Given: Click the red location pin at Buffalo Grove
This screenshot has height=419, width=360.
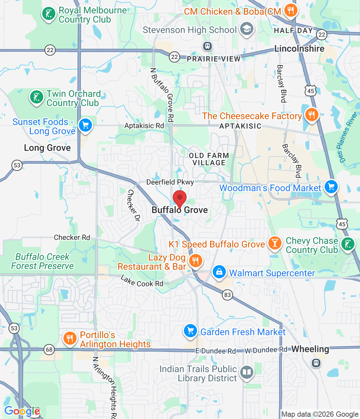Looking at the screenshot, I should pyautogui.click(x=179, y=198).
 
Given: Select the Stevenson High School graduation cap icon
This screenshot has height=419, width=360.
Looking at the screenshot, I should pyautogui.click(x=247, y=29).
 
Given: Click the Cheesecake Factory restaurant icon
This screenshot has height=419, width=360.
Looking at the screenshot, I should pyautogui.click(x=312, y=115).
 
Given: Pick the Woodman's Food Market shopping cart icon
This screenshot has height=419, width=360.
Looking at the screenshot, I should pyautogui.click(x=331, y=187).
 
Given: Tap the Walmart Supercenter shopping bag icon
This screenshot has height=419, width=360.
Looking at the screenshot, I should pyautogui.click(x=219, y=272).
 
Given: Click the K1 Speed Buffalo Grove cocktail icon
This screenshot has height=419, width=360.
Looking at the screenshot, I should pyautogui.click(x=275, y=243).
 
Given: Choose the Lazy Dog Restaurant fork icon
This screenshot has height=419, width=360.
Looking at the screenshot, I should pyautogui.click(x=195, y=261).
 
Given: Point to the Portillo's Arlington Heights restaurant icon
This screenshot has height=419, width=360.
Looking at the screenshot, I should pyautogui.click(x=69, y=338).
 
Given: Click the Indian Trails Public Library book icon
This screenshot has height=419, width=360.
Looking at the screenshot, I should pyautogui.click(x=247, y=372).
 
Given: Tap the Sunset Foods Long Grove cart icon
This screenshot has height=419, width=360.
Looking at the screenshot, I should pyautogui.click(x=85, y=125).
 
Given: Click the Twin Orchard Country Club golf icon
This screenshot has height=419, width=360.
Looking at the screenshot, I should pyautogui.click(x=36, y=97).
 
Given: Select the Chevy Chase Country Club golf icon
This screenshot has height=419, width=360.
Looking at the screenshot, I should pyautogui.click(x=348, y=244).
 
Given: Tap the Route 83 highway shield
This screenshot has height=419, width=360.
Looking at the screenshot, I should pyautogui.click(x=227, y=295).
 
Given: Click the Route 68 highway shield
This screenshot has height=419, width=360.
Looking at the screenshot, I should pyautogui.click(x=49, y=350).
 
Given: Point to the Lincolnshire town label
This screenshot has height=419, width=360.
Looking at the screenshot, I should pyautogui.click(x=299, y=49).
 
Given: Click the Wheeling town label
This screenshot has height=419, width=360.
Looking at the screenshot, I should pyautogui.click(x=310, y=349).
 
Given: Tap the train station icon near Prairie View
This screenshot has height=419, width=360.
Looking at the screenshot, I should pyautogui.click(x=207, y=46).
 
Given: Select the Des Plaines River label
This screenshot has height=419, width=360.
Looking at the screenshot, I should pyautogui.click(x=347, y=137).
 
